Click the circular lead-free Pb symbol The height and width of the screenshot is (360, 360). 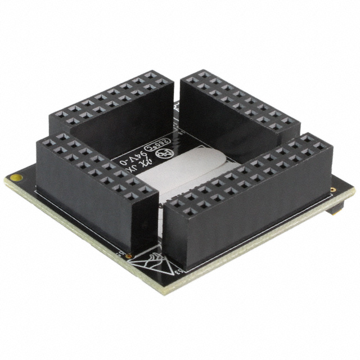(x=165, y=153)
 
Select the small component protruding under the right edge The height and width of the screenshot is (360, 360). (x=336, y=209)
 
